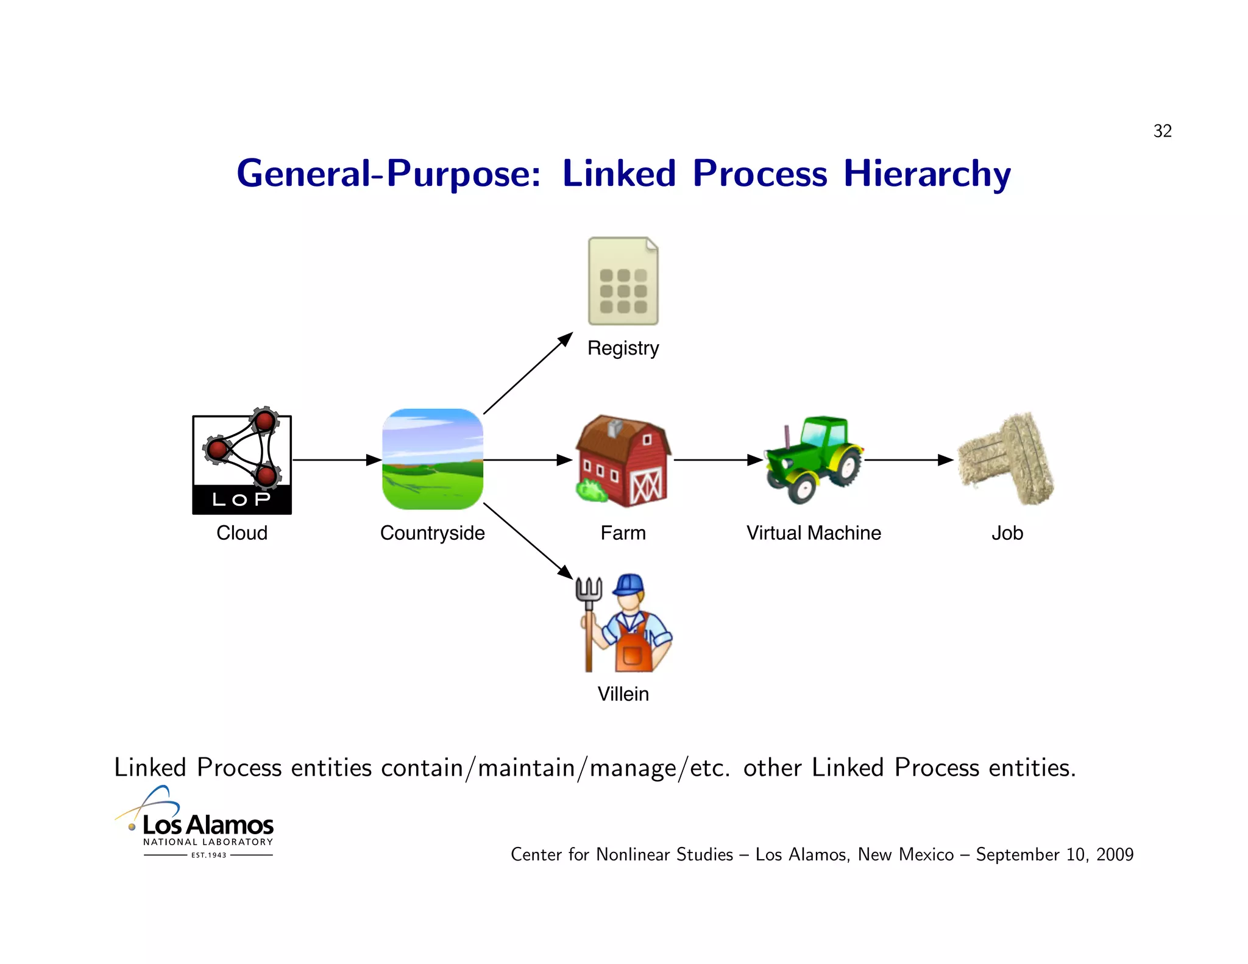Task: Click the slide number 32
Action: click(x=1162, y=131)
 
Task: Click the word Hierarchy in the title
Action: click(x=927, y=174)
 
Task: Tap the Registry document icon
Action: click(x=623, y=282)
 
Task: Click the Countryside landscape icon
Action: click(x=433, y=459)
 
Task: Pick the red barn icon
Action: click(x=623, y=461)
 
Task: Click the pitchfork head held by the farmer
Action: click(x=589, y=590)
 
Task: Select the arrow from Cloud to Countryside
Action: click(x=336, y=460)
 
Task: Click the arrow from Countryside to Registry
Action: click(x=528, y=373)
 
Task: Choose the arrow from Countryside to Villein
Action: click(x=528, y=540)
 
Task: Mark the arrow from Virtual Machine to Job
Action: click(x=908, y=460)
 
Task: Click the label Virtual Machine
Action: click(x=814, y=533)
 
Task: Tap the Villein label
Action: click(x=623, y=694)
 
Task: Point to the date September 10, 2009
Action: click(x=1054, y=854)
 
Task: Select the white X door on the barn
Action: click(x=646, y=487)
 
